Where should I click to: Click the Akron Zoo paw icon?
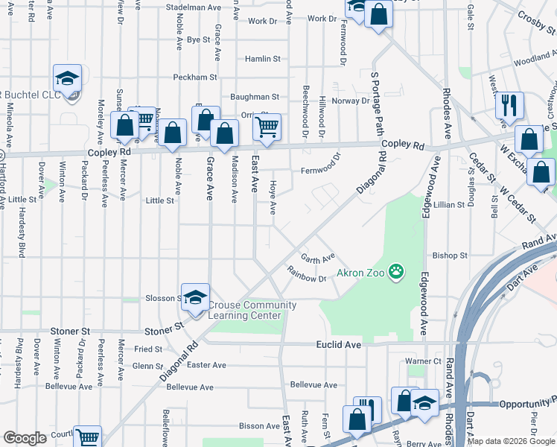tap(397, 272)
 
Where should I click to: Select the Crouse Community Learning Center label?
tap(252, 310)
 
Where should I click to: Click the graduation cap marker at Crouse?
tap(194, 298)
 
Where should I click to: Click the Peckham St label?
tap(194, 77)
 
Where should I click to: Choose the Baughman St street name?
tap(254, 97)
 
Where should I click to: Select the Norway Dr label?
tap(351, 101)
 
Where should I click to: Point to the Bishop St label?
tap(450, 255)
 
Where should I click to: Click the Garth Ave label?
tap(318, 259)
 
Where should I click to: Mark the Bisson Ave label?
tap(259, 426)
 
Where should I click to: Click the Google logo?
tap(25, 438)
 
